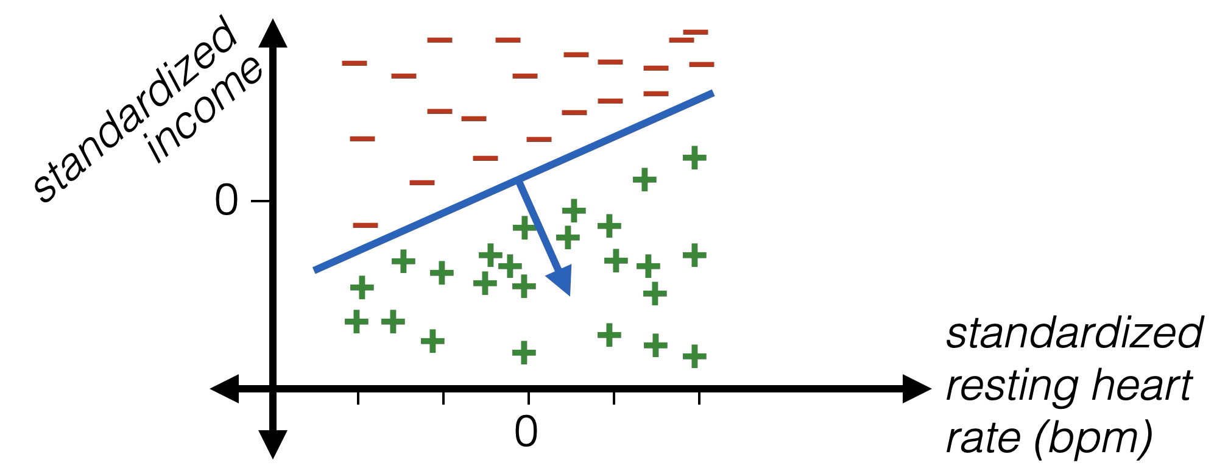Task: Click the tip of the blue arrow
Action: pyautogui.click(x=569, y=295)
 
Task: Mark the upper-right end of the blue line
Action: pyautogui.click(x=711, y=93)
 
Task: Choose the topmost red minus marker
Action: pyautogui.click(x=696, y=31)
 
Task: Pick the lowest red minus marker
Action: pyautogui.click(x=365, y=225)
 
